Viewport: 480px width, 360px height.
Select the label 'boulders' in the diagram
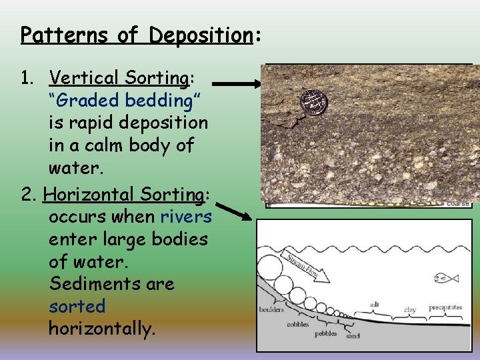[x=272, y=309]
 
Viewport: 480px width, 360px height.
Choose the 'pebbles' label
[x=326, y=333]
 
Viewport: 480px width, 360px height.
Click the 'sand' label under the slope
[x=353, y=336]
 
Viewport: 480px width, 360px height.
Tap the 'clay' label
[x=410, y=310]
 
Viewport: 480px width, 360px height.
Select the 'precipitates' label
[x=445, y=307]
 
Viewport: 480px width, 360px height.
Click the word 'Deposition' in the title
[x=198, y=35]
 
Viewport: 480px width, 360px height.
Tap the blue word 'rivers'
[x=186, y=216]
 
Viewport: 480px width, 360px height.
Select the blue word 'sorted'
[x=77, y=307]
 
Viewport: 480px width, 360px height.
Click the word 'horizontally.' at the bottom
[x=102, y=329]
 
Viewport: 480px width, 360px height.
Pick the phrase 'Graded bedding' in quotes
[x=125, y=100]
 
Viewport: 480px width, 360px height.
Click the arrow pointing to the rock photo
[x=237, y=85]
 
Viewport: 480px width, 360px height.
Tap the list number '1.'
[x=27, y=78]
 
